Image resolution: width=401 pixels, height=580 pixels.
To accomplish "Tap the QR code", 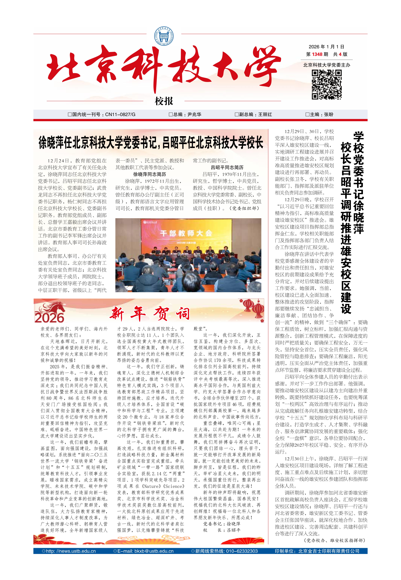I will tap(327, 85).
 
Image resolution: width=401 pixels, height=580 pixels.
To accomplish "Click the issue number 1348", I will tap(317, 54).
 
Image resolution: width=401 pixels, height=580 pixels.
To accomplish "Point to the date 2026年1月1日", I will tap(326, 47).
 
